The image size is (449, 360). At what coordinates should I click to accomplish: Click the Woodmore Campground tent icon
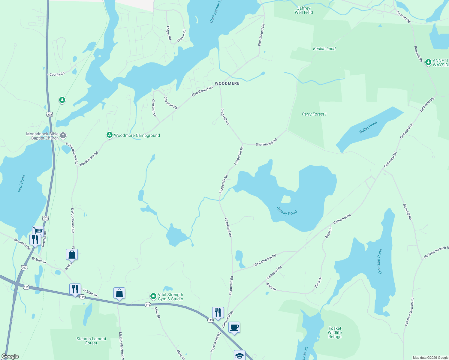110,135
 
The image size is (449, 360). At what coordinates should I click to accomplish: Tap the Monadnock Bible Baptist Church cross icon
63,136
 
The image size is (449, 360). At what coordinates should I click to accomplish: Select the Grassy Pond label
287,211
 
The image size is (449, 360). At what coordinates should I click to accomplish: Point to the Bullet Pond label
368,127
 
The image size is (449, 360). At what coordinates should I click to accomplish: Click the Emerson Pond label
380,261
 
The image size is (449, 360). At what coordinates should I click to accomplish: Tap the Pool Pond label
21,184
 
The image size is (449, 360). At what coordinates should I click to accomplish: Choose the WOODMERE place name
227,83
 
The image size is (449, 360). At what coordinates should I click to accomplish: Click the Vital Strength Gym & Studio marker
153,296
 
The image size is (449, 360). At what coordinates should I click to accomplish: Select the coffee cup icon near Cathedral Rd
234,327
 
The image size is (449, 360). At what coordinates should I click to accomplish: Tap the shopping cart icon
38,231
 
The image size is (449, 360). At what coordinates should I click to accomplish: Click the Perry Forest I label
314,114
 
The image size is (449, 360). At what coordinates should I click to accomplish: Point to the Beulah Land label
324,49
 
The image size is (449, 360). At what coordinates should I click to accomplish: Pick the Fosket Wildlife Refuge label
335,332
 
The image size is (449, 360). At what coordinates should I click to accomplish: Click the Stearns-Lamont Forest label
91,341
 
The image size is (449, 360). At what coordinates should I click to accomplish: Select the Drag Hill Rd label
225,117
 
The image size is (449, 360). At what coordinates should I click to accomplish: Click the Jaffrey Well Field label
304,10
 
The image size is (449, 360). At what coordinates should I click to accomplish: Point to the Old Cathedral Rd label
264,260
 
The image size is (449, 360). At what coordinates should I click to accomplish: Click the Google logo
10,356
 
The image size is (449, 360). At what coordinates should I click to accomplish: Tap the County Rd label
57,74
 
